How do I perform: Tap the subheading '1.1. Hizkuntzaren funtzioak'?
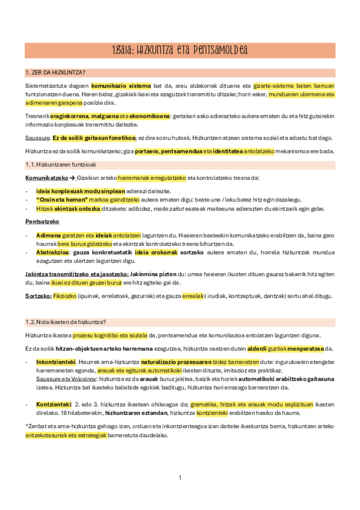point(60,165)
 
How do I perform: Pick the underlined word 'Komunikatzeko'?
point(43,178)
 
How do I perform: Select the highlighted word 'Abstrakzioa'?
point(52,253)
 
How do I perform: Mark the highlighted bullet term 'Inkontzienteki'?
point(55,362)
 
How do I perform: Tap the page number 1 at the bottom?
point(180,478)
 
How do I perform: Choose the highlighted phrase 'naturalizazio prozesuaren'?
point(175,362)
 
